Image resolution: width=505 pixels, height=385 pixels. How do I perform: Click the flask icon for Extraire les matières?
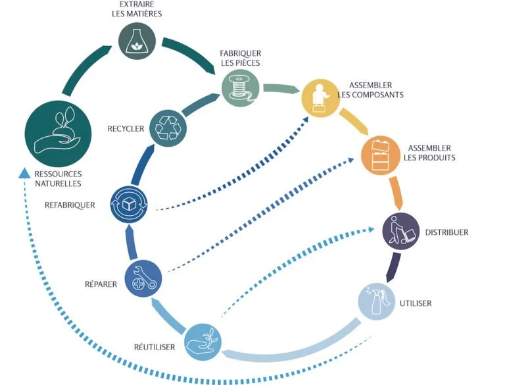point(137,41)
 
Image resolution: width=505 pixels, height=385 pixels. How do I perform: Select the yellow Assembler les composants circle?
point(319,97)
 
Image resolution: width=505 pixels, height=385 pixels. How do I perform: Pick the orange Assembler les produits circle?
point(379,155)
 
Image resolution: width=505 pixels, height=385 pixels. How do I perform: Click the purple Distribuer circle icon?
point(400,232)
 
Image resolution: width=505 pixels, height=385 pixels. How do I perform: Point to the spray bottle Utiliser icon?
point(376,301)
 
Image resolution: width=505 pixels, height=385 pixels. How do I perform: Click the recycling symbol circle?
point(168,127)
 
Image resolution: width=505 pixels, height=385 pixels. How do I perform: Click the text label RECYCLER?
point(126,128)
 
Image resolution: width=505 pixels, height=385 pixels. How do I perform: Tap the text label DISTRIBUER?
point(446,232)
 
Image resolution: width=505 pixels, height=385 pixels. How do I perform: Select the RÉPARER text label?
point(101,284)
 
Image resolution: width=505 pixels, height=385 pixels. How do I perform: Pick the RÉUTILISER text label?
point(153,347)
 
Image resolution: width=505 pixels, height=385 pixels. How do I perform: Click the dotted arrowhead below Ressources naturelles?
point(24,173)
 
